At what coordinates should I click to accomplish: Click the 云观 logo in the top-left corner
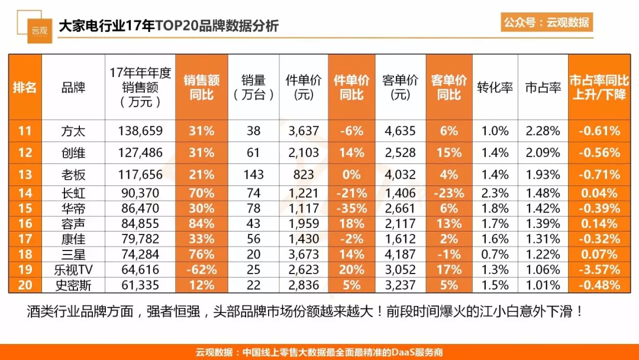(x=40, y=29)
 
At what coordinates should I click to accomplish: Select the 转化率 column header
(x=495, y=88)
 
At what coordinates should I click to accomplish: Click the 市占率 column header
(x=543, y=88)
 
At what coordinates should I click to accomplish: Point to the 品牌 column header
(x=73, y=88)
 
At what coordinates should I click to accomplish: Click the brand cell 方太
(x=73, y=131)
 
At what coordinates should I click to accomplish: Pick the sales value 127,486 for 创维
(x=140, y=153)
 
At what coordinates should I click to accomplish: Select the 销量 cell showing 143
(x=253, y=175)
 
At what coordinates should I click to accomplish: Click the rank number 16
(x=25, y=224)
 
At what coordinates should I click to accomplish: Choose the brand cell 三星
(x=73, y=255)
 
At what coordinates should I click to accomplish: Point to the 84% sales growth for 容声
(x=201, y=224)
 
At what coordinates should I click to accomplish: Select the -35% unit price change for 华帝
(x=351, y=208)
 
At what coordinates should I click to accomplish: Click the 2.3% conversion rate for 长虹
(x=495, y=193)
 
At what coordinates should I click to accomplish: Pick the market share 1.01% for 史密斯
(x=543, y=285)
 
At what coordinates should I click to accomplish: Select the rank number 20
(x=25, y=285)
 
